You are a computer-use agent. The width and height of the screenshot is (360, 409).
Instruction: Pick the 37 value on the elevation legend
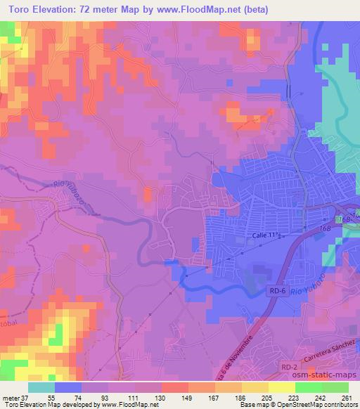coord(25,397)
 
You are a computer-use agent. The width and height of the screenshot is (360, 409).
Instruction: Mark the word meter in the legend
coord(10,397)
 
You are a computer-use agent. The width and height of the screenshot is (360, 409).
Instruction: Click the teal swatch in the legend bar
coord(41,387)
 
